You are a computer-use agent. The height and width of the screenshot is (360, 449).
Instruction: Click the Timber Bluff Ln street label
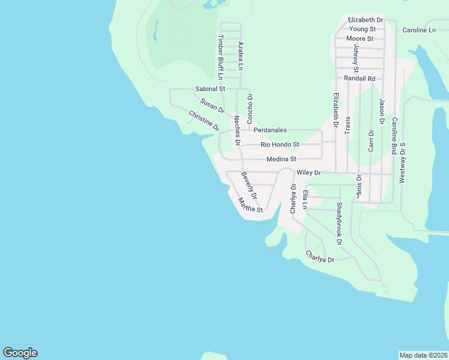pos(220,57)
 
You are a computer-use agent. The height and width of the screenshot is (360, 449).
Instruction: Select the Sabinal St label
pos(210,89)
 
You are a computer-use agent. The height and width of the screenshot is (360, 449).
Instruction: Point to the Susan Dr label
pos(212,106)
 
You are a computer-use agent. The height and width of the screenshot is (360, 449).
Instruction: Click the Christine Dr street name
pos(204,121)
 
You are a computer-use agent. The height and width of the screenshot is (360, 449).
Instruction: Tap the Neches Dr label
pos(237,130)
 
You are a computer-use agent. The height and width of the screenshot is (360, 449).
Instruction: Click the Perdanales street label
pos(270,130)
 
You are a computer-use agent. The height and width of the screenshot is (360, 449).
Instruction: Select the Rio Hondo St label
pos(280,145)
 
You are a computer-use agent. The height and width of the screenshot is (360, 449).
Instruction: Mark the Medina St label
pos(282,159)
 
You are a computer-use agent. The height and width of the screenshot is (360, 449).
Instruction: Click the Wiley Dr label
pos(309,173)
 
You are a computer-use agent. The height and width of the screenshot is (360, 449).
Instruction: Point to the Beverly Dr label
pos(249,186)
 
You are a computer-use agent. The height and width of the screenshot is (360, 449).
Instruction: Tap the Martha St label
pos(250,205)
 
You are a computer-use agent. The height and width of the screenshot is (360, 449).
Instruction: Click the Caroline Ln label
pos(419,30)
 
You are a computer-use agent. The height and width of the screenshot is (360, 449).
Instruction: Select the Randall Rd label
pos(360,79)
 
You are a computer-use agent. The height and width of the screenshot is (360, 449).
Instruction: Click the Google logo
pos(20,353)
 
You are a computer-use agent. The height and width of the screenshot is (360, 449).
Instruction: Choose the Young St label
pos(363,29)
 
